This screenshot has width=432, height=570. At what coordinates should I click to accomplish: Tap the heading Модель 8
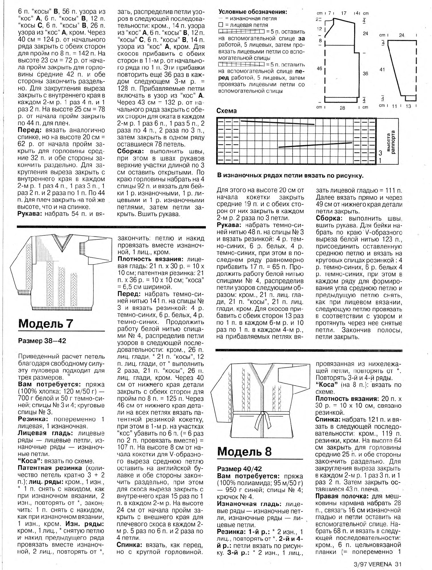pos(244,451)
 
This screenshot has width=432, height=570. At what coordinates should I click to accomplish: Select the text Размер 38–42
pos(42,341)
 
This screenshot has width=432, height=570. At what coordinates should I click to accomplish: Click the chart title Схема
pos(227,111)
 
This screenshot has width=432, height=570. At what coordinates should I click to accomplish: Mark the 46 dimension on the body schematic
pos(320,69)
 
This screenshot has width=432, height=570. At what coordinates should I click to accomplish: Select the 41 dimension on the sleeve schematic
pos(382,69)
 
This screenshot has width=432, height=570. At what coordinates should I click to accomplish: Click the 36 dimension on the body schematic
pos(366,74)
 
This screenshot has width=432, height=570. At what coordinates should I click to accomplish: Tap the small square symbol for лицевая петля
pos(220,25)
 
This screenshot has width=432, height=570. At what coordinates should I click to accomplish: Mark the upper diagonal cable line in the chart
pos(278,123)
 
